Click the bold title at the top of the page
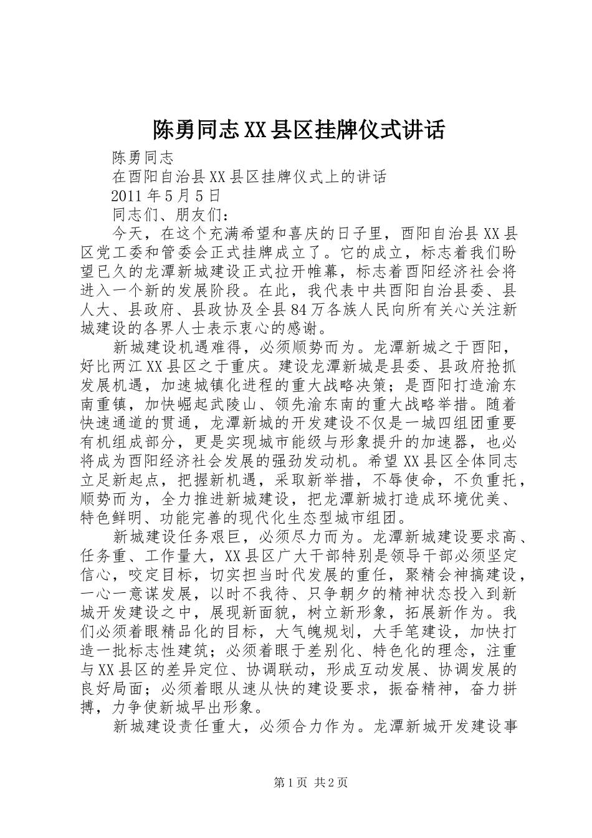coord(298,130)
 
